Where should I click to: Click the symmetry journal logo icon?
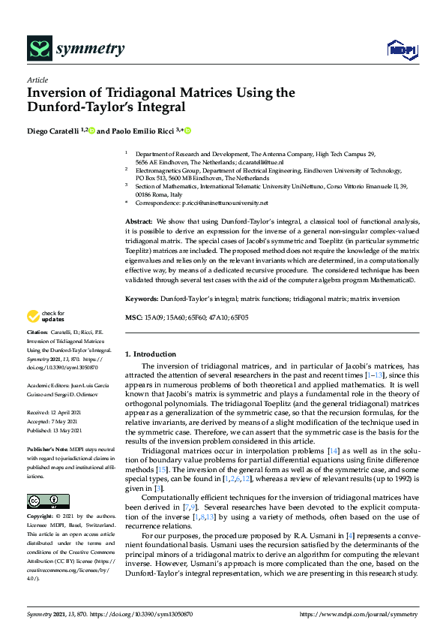(38, 49)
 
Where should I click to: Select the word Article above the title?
(37, 80)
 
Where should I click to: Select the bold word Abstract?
(138, 222)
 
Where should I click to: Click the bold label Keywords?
(142, 299)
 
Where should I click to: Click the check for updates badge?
(46, 316)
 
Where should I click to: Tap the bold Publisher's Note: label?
(46, 448)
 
